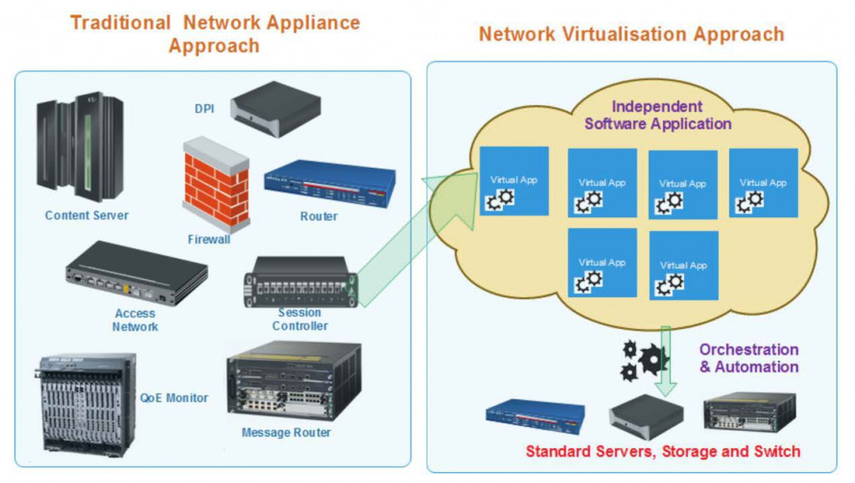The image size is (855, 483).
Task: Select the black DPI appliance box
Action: coord(276,104)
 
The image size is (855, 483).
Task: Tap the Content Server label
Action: coord(87,216)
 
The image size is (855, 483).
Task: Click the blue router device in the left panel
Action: coord(330,183)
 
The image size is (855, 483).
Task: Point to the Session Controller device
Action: coord(301,282)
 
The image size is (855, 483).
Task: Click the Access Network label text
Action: coord(134,320)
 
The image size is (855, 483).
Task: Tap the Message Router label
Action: coord(286,433)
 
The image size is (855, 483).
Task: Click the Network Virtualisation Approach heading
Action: coord(631,34)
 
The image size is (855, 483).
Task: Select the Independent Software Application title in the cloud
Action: coord(658,115)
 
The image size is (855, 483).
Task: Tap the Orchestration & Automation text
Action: coord(748,358)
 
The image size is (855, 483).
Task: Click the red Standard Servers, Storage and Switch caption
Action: coord(662,452)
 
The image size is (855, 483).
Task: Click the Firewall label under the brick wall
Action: coord(209,240)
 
